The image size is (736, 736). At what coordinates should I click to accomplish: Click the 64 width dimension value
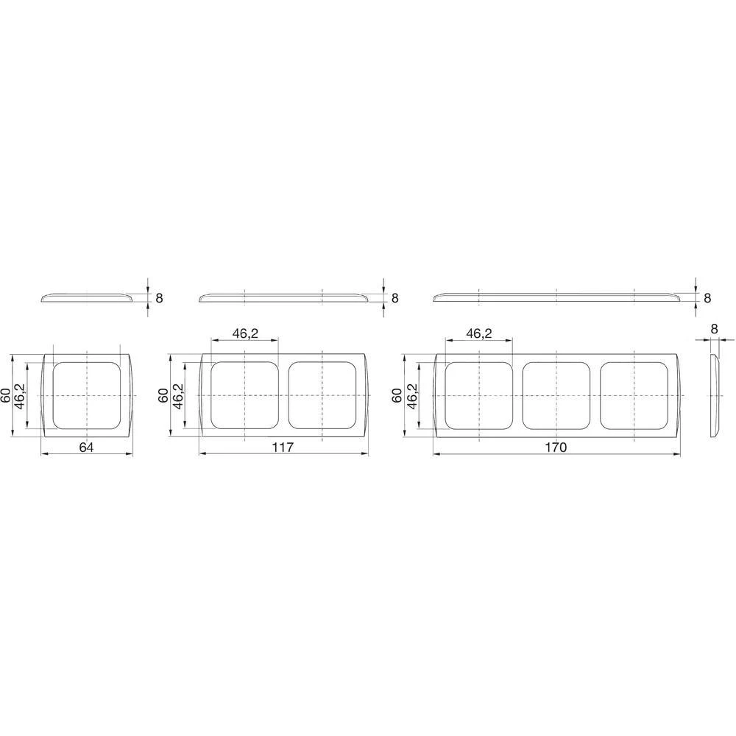pos(86,447)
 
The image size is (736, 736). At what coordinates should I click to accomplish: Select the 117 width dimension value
pos(283,447)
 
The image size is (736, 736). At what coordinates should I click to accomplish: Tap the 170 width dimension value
pos(556,447)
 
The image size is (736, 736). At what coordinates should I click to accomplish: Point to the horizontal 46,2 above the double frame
pos(245,333)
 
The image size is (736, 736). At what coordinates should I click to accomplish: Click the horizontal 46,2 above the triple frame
pos(478,333)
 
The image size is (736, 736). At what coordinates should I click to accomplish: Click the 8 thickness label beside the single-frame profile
pos(157,298)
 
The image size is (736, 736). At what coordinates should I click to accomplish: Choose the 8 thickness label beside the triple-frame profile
pos(707,298)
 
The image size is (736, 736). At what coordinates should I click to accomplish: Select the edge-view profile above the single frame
pos(87,297)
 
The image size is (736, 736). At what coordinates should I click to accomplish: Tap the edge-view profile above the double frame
pos(283,297)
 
